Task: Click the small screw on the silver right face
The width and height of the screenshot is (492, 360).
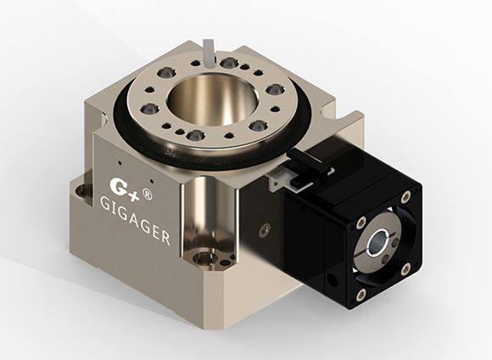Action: (x=266, y=228)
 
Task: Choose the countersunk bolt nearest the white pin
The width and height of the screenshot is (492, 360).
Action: (x=228, y=63)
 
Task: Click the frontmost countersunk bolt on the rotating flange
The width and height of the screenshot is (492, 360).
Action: (x=195, y=135)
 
